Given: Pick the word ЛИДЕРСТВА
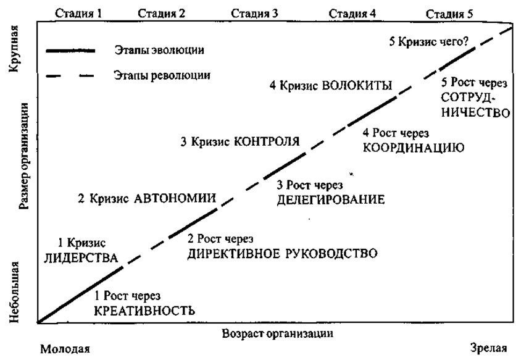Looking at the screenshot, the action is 81,259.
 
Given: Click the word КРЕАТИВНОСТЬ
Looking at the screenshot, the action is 144,310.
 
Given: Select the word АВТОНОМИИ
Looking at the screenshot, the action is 175,199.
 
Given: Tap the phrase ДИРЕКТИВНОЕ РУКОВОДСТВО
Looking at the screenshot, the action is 282,254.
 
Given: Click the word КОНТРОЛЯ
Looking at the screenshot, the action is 266,141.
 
